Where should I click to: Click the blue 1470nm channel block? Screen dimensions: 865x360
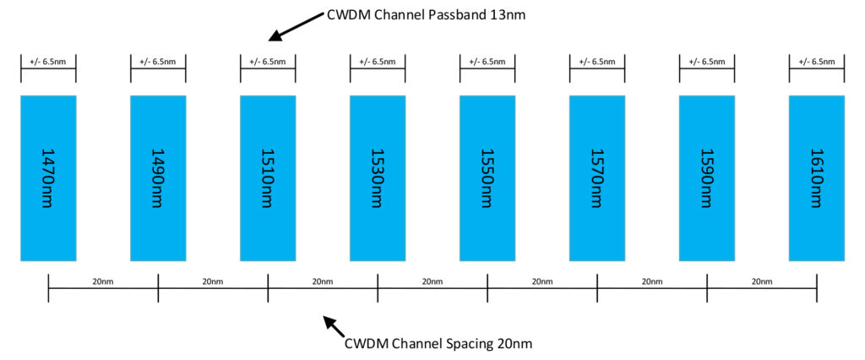[x=48, y=177]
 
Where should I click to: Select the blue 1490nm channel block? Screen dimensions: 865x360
[x=158, y=177]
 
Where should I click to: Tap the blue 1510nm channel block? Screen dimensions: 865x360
[x=268, y=177]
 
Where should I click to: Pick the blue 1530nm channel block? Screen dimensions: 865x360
[x=378, y=177]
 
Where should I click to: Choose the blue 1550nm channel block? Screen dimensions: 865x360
[x=487, y=177]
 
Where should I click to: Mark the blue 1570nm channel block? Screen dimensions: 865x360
[x=597, y=177]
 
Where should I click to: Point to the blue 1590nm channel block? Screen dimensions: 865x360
[x=707, y=177]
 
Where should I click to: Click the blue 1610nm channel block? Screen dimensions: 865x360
[x=817, y=177]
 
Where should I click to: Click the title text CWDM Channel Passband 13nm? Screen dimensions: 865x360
[x=427, y=15]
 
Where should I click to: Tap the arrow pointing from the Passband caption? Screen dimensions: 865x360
[x=296, y=26]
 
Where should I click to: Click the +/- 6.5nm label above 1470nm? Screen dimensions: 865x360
[x=48, y=62]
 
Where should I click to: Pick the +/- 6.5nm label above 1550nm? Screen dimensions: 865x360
[x=487, y=62]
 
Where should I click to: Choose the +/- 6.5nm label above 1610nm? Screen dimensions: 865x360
[x=817, y=62]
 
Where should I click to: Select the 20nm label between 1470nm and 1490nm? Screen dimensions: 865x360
[x=103, y=281]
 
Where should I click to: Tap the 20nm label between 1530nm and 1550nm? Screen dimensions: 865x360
[x=432, y=281]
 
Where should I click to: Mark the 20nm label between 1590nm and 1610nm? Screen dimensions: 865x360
[x=762, y=281]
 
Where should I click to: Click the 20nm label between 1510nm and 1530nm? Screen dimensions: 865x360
[x=323, y=281]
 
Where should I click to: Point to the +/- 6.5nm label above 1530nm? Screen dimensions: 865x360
[x=378, y=62]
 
